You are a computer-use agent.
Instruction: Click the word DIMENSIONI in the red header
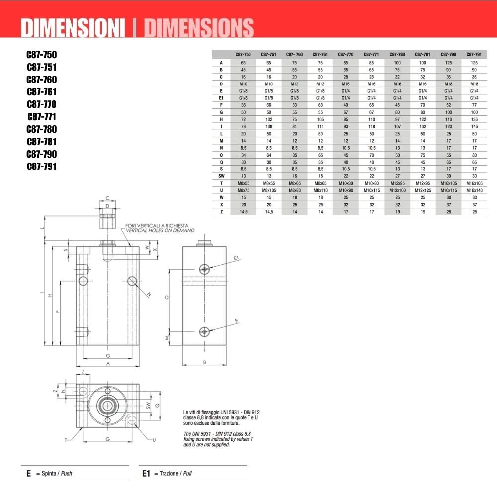click(x=73, y=28)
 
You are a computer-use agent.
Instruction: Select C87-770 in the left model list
click(x=42, y=104)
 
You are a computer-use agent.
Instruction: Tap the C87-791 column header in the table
click(x=474, y=54)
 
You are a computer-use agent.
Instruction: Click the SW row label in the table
click(x=221, y=176)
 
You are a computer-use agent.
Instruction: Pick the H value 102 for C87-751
click(x=269, y=119)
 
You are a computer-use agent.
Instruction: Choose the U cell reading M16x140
click(x=474, y=190)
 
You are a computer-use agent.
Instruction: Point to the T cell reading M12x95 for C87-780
click(x=397, y=183)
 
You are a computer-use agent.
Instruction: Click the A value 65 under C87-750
click(x=243, y=63)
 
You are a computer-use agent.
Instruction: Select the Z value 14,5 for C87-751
click(x=269, y=212)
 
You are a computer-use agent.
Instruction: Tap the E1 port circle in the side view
click(x=204, y=269)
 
